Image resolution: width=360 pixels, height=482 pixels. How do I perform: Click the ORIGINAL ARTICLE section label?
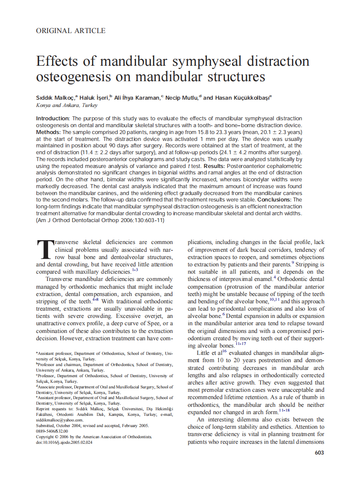pos(71,31)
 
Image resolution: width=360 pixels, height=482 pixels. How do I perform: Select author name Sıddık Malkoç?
pos(55,98)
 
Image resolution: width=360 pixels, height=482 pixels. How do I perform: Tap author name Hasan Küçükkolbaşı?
pos(243,98)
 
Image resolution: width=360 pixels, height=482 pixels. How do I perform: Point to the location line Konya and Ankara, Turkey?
pos(67,105)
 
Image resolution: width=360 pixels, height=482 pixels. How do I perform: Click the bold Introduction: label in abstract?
pos(53,118)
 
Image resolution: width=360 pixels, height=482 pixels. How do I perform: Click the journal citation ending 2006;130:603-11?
pos(101,220)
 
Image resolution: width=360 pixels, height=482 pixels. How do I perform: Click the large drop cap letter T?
pos(44,250)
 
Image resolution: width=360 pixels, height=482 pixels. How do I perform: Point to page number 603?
pos(319,452)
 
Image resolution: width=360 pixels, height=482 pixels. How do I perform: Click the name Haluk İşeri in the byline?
pos(97,98)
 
